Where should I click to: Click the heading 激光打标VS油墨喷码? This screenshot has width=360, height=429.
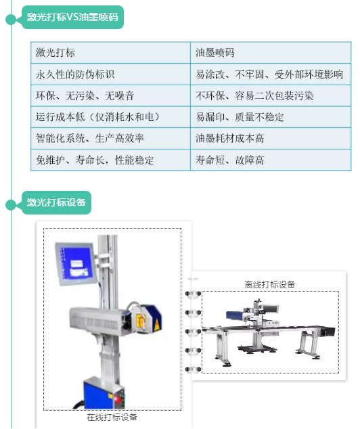coord(72,17)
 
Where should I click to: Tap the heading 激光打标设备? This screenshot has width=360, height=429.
coord(56,202)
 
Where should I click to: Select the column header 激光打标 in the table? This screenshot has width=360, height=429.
coord(55,53)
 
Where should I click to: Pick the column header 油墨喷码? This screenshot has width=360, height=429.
coord(215,53)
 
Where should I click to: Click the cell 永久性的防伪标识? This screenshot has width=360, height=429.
coord(75,74)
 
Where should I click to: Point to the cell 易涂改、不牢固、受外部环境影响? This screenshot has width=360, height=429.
coord(269,74)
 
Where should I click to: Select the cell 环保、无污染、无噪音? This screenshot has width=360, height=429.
coord(85,96)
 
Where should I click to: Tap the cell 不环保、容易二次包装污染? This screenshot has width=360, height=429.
coord(254,96)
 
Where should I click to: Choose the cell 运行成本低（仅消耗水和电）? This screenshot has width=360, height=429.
coord(97,117)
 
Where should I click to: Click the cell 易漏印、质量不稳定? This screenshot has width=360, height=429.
coord(240,117)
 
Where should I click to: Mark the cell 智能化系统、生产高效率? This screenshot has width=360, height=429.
coord(90,139)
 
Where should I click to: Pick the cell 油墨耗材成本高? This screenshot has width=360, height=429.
coord(230,139)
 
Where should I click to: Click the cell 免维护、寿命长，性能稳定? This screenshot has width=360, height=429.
coord(95,160)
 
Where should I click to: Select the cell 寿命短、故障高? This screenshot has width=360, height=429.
coord(230,160)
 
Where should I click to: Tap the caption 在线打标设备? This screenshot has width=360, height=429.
coord(112,417)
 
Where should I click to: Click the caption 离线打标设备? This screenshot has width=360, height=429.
coord(269,285)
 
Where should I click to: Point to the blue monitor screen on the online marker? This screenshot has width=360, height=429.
coord(75,263)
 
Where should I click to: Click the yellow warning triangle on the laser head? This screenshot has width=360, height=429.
coord(157,325)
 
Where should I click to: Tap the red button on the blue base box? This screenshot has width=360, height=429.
coord(118,399)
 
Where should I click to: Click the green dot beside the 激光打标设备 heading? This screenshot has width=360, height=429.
coord(11,205)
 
